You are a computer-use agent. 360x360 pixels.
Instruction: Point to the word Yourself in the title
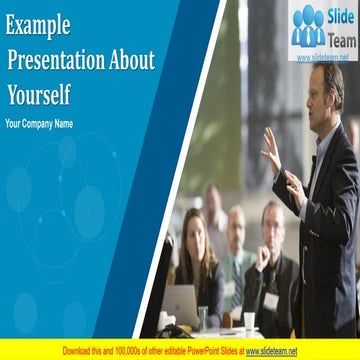[40, 95]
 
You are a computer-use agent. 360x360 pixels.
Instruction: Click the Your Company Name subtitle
[39, 124]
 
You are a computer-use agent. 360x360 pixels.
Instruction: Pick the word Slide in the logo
[340, 16]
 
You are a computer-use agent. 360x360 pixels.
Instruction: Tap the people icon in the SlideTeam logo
[308, 27]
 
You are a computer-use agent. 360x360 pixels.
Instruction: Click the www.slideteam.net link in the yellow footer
[271, 351]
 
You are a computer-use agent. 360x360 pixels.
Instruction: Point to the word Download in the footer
[80, 351]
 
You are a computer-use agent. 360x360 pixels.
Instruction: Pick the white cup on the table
[249, 322]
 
